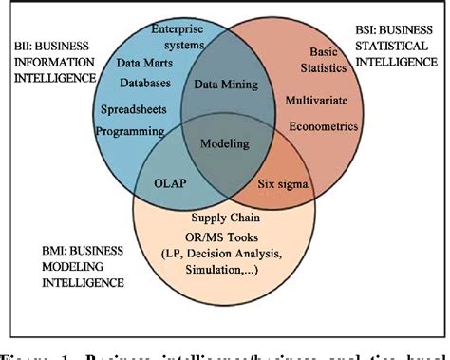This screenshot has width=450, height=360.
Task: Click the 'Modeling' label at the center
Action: pyautogui.click(x=225, y=144)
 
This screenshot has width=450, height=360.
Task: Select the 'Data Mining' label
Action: pyautogui.click(x=223, y=85)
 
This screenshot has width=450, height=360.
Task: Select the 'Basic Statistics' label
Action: pyautogui.click(x=331, y=61)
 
